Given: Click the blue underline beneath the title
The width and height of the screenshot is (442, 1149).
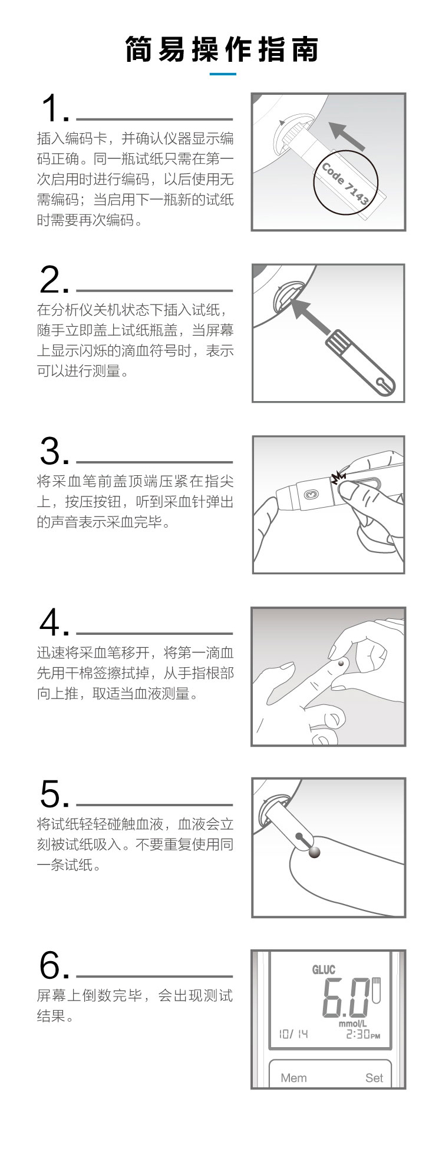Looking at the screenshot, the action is (x=223, y=74).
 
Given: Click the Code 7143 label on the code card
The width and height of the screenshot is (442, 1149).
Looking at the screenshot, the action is (x=345, y=184).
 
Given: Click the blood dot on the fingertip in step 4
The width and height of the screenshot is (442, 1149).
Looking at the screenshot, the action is (x=341, y=664).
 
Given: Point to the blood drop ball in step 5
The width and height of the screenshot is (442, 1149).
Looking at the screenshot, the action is (x=315, y=852).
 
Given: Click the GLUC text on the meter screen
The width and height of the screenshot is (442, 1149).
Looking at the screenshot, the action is (x=324, y=969).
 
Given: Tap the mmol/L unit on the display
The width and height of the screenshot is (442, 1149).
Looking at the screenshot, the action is (x=353, y=1024).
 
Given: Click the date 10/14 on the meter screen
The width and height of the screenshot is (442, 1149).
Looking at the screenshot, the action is (x=293, y=1034).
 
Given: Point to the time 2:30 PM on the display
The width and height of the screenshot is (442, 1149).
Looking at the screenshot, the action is (x=363, y=1034).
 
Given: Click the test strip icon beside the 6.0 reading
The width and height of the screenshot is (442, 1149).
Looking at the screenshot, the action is (x=377, y=991).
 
